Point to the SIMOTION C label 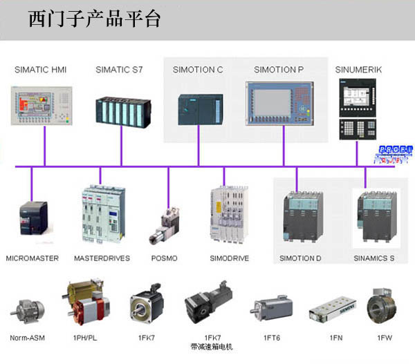(x=198, y=70)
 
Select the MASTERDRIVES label (x=103, y=258)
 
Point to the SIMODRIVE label (x=229, y=258)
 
